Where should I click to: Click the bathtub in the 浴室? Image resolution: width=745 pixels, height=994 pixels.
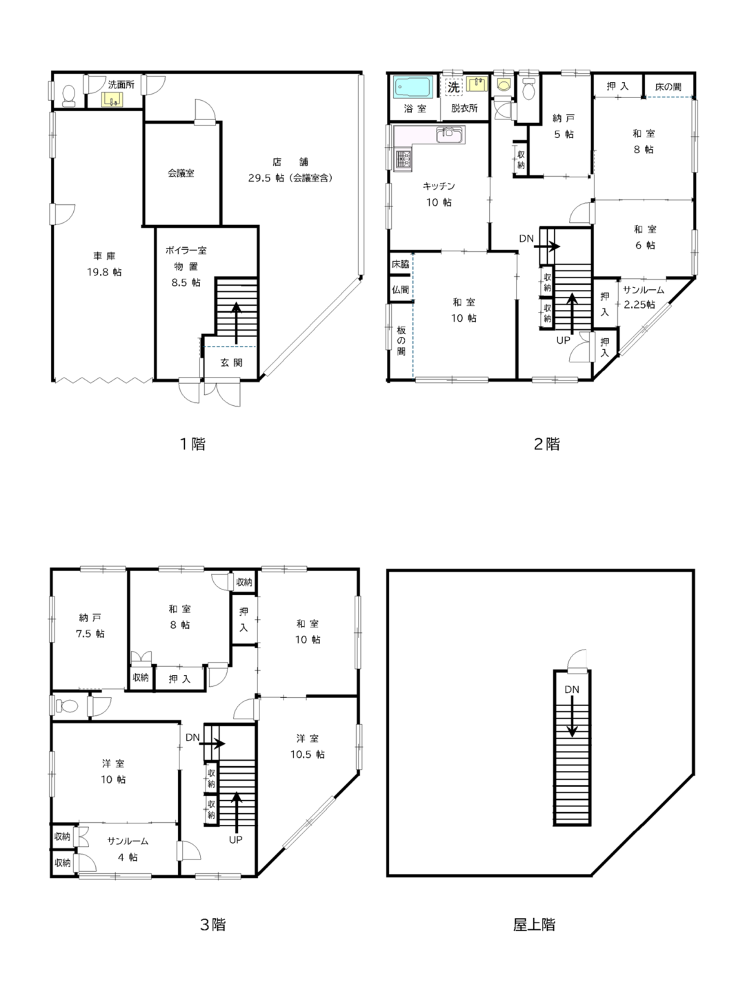tap(413, 87)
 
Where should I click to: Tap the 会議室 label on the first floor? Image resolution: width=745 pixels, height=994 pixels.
tap(181, 173)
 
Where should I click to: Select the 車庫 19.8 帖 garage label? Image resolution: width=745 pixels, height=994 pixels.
tap(104, 264)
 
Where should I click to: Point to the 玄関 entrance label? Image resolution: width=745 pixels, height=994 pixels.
tap(232, 362)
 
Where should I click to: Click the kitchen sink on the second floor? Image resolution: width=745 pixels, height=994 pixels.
tap(449, 135)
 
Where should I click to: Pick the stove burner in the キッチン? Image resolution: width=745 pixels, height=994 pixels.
tap(404, 159)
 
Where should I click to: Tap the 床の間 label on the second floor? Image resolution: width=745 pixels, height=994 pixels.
tap(668, 86)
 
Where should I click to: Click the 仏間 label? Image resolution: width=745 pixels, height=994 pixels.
tap(400, 289)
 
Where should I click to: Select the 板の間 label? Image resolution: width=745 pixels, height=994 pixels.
tap(401, 340)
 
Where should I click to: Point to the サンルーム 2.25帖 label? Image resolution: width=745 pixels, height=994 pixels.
tap(643, 297)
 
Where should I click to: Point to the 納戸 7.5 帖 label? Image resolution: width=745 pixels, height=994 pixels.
tap(90, 625)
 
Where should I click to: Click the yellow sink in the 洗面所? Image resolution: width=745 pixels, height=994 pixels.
tap(111, 99)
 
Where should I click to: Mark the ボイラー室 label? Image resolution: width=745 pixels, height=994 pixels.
tap(186, 251)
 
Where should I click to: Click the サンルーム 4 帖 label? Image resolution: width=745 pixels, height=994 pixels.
tap(128, 849)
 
